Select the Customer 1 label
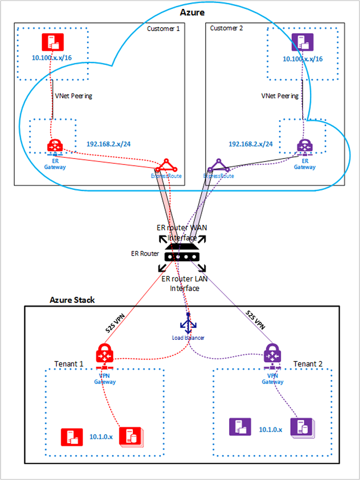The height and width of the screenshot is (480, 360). [163, 29]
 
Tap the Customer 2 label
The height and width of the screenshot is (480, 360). [227, 29]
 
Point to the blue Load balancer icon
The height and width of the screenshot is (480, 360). [188, 325]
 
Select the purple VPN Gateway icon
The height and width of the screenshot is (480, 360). [272, 355]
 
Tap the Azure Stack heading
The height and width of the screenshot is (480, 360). [72, 300]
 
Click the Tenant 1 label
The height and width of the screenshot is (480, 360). [69, 364]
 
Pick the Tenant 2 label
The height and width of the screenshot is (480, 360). [308, 364]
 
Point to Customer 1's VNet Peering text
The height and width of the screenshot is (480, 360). [73, 96]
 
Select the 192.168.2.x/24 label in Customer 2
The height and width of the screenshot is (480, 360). [250, 144]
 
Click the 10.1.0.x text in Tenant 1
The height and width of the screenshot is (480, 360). [101, 436]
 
